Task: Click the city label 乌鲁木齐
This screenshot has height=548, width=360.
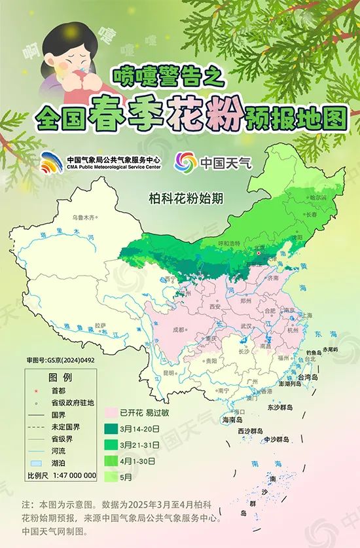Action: point(83,216)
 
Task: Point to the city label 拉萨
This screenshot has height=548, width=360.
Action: point(99,325)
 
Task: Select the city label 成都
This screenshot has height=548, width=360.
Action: point(179,331)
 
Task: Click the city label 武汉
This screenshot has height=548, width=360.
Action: point(246,325)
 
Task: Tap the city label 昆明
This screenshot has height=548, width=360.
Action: point(170,373)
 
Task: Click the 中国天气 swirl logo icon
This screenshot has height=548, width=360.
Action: point(187,161)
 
